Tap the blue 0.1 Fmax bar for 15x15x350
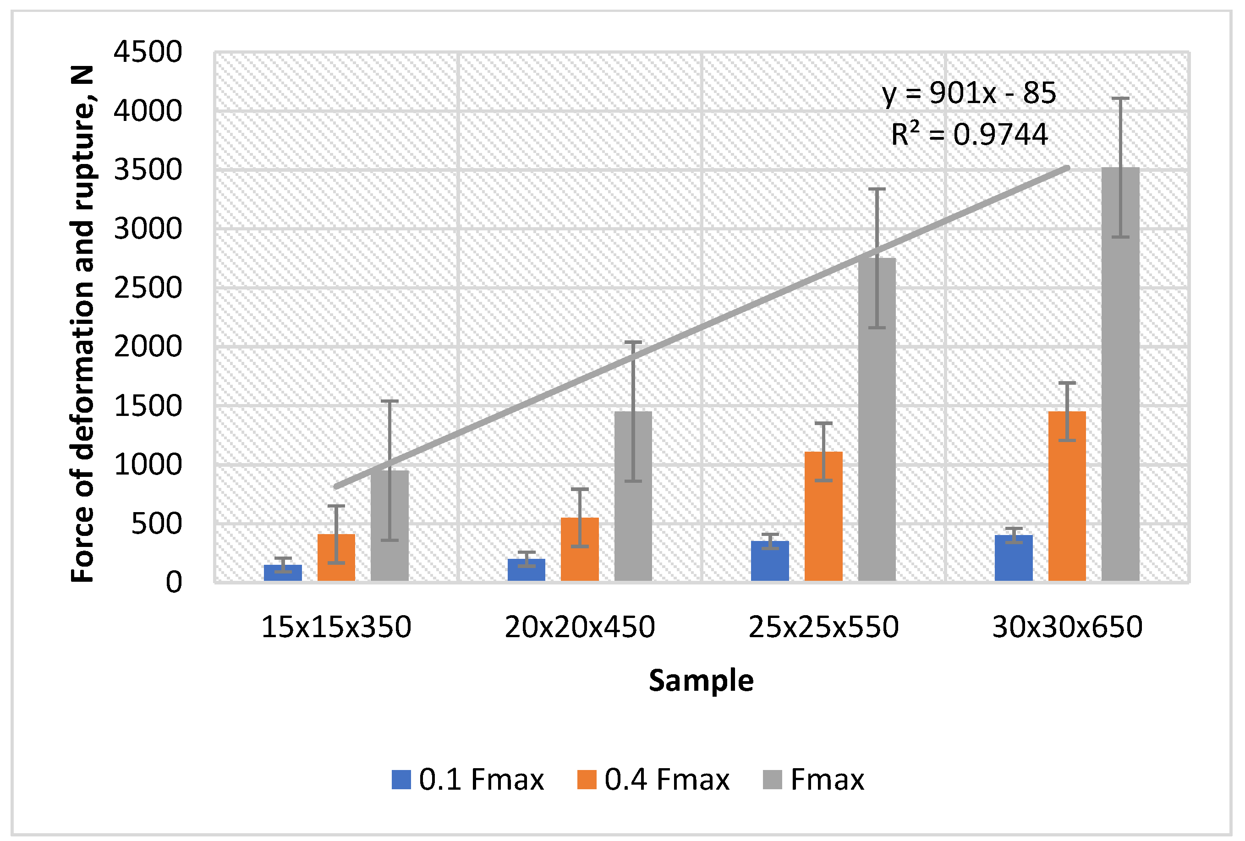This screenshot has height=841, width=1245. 283,573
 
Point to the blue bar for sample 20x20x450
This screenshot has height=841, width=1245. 526,570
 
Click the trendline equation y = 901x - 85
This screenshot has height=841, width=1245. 969,93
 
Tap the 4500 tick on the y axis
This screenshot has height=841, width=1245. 148,53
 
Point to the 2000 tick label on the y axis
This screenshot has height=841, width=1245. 148,347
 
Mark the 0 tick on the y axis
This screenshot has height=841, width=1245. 174,582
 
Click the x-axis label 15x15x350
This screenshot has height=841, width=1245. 336,627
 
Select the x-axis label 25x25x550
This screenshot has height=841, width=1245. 823,627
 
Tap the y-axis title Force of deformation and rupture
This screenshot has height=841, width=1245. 83,324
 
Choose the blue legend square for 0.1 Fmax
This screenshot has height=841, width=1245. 400,780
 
